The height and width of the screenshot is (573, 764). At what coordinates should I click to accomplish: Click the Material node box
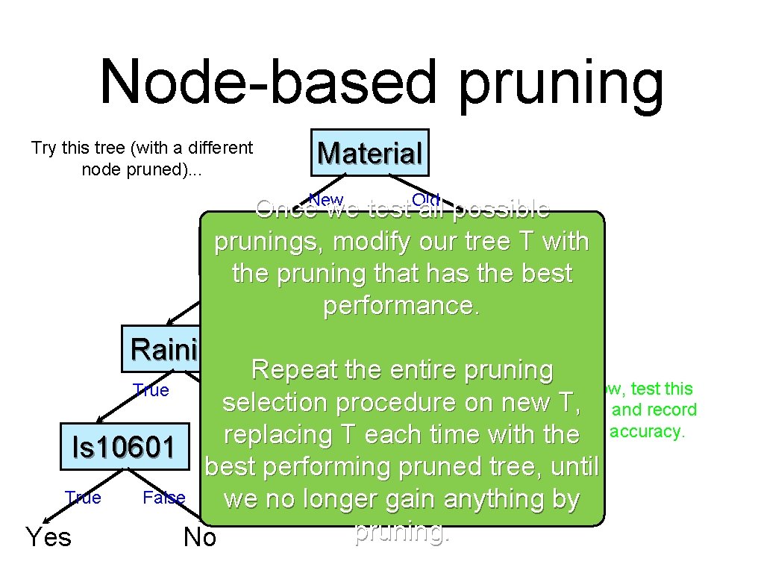[370, 154]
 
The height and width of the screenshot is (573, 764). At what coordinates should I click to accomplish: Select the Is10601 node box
[123, 447]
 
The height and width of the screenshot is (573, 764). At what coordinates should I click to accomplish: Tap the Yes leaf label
[48, 536]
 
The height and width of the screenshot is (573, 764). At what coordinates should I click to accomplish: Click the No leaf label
[199, 537]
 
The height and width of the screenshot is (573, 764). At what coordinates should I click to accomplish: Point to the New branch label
[326, 198]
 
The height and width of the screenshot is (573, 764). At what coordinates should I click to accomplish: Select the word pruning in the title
[560, 84]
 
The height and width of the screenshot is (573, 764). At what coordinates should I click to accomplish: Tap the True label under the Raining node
[151, 390]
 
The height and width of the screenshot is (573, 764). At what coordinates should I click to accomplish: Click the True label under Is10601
[83, 498]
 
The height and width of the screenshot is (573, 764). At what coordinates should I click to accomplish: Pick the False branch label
[163, 498]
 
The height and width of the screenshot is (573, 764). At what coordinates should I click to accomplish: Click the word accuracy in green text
[646, 431]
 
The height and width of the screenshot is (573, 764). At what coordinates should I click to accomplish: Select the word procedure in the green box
[399, 403]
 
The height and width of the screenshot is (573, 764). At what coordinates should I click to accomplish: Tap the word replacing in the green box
[284, 435]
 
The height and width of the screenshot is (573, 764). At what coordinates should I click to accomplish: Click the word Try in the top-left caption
[44, 148]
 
